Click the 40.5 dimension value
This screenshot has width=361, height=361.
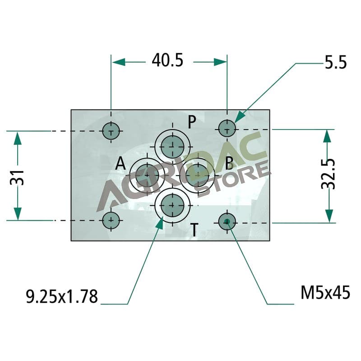pos(167,60)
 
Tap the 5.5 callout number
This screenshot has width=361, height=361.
pos(335,62)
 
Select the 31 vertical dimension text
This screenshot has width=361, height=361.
pos(17,178)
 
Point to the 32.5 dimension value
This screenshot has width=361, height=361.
pos(328,174)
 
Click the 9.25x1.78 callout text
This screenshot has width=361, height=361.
pos(62,296)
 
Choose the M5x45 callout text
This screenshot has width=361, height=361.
pos(325,292)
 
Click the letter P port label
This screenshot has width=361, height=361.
pos(192,122)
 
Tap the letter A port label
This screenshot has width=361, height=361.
pos(120,163)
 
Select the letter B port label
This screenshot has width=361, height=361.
pos(229,163)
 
